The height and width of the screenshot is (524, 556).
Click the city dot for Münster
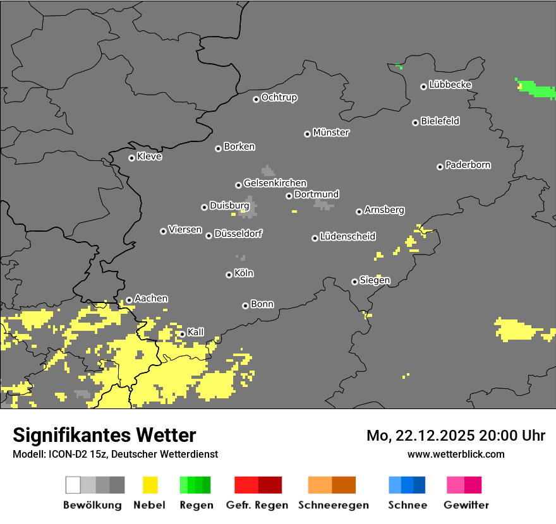pyautogui.click(x=307, y=134)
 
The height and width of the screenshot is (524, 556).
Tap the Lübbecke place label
pyautogui.click(x=450, y=85)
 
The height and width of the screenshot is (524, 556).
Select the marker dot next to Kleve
pyautogui.click(x=131, y=158)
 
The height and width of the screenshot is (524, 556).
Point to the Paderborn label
pyautogui.click(x=468, y=165)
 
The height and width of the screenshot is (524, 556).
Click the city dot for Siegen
pyautogui.click(x=354, y=282)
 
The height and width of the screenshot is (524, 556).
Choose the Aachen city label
pyautogui.click(x=151, y=299)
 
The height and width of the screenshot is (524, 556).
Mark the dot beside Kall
pyautogui.click(x=182, y=334)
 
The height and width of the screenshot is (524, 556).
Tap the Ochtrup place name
pyautogui.click(x=279, y=97)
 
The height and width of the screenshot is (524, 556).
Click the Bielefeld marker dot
pyautogui.click(x=415, y=122)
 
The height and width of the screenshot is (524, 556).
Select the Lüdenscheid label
pyautogui.click(x=347, y=237)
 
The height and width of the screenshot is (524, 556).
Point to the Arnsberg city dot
pyautogui.click(x=359, y=211)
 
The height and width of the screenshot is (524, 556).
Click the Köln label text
pyautogui.click(x=243, y=273)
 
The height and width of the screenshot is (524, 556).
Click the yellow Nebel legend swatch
pyautogui.click(x=150, y=485)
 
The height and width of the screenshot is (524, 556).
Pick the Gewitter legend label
pyautogui.click(x=466, y=505)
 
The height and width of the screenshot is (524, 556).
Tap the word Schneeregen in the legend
pyautogui.click(x=333, y=505)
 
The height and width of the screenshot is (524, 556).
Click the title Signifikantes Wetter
pyautogui.click(x=104, y=435)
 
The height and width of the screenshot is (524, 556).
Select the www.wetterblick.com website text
pyautogui.click(x=456, y=454)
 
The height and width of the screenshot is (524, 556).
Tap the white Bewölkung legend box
pyautogui.click(x=73, y=485)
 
